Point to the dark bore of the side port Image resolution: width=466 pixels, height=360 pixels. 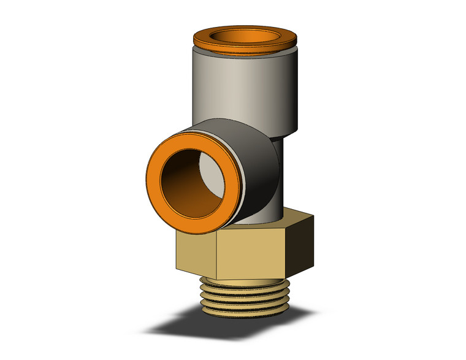pos(184,190)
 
